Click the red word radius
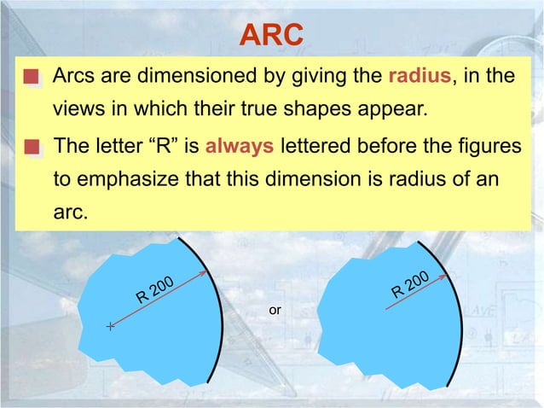pos(419,77)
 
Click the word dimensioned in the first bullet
pos(183,77)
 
